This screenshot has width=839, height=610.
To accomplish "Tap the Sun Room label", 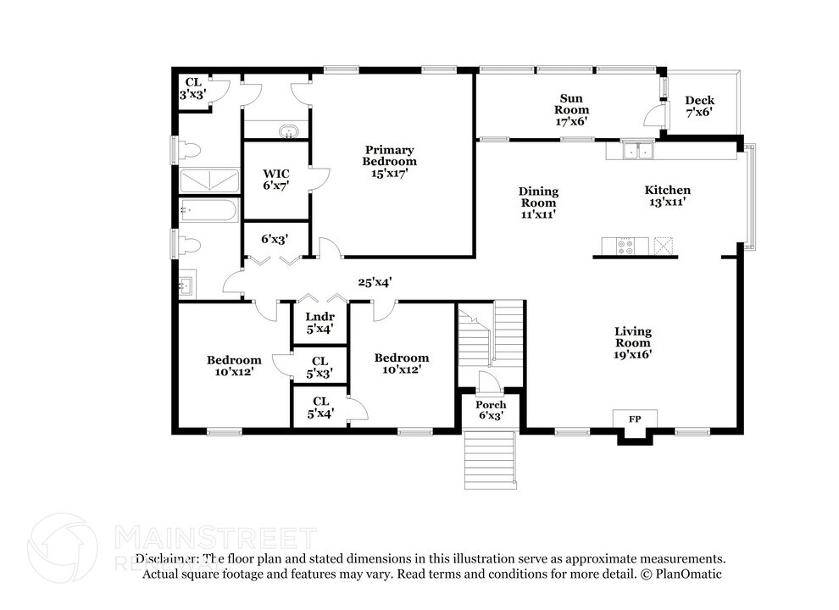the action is tap(572, 109).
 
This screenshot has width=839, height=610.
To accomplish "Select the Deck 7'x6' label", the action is tap(699, 106).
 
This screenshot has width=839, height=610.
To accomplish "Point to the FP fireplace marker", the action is tap(633, 419).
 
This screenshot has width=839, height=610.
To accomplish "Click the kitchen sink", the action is tap(636, 152).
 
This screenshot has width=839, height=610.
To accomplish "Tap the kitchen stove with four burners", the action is tap(625, 246).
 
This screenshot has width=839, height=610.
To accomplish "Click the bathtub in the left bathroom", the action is tap(208, 209).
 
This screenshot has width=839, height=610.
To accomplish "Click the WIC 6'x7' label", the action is tap(276, 179).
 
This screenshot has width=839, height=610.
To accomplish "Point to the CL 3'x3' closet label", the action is tap(192, 89).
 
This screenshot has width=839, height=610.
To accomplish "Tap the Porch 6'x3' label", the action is tap(491, 410).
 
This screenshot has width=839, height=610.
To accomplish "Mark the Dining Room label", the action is tap(538, 203).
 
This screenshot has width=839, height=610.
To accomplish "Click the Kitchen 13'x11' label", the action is tap(667, 196).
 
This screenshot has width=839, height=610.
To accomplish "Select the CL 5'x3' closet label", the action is tap(320, 367).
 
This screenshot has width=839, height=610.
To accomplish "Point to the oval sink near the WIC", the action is tap(289, 132).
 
